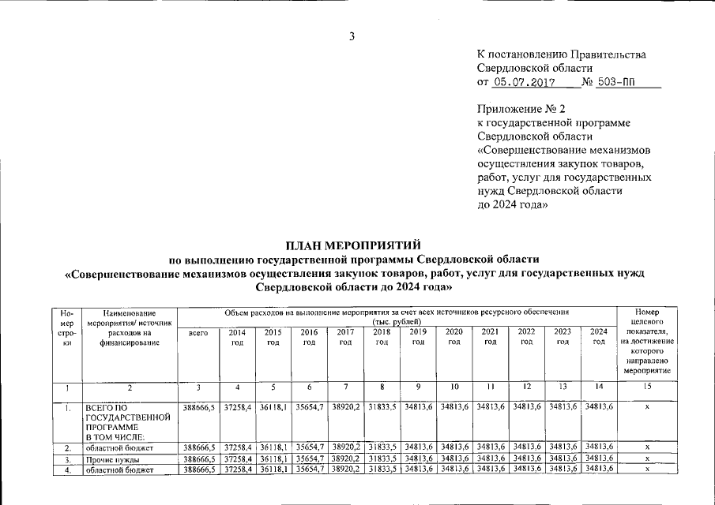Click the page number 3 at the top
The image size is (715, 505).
352,36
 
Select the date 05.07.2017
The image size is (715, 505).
525,82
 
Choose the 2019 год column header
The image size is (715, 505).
418,337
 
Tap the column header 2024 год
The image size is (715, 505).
599,337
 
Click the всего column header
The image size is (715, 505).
198,333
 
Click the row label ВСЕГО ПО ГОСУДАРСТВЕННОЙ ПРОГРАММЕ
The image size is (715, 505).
128,418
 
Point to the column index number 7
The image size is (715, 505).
345,387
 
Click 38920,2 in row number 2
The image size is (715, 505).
345,447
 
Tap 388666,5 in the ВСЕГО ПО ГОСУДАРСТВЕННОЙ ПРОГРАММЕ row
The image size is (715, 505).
198,408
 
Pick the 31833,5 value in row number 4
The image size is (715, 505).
382,469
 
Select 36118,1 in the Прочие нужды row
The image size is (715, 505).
273,459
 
